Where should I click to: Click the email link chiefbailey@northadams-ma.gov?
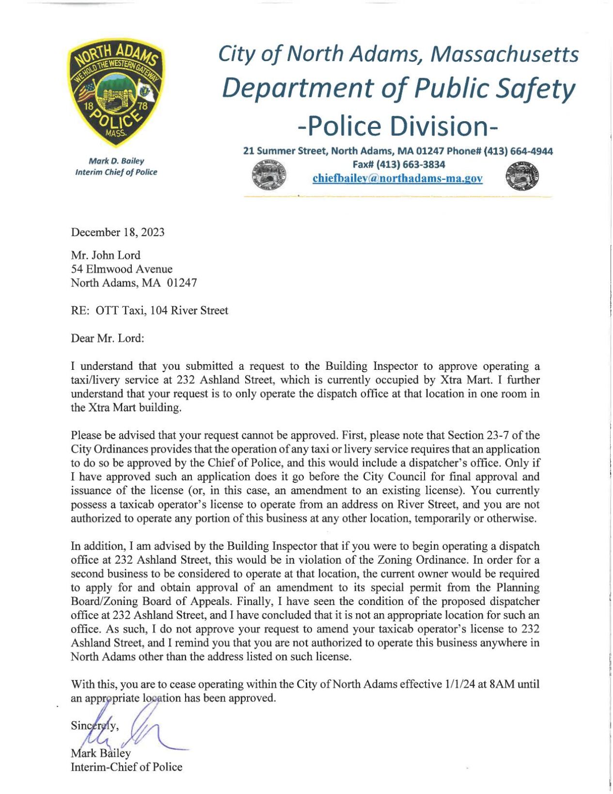tap(397, 178)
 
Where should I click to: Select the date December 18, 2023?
tap(118, 232)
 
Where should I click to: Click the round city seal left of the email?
tap(269, 176)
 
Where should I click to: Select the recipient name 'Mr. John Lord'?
tap(106, 255)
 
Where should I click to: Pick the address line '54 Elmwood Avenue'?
tap(122, 269)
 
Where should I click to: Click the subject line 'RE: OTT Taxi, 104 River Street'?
tap(149, 310)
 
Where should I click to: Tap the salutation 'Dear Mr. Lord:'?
tap(108, 338)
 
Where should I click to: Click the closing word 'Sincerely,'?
tap(95, 726)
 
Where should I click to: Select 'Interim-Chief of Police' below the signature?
tap(126, 767)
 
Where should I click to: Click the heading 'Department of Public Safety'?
tap(398, 88)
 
